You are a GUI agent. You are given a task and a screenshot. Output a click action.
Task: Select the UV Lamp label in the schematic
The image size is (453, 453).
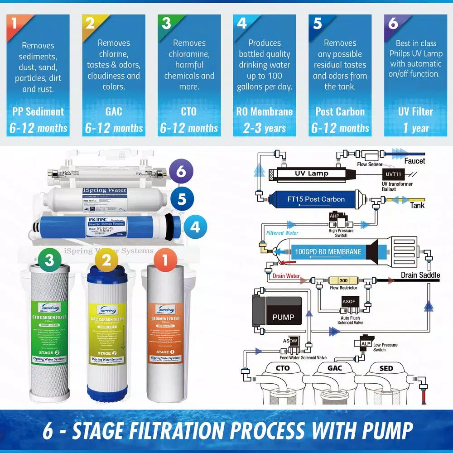(x=312, y=173)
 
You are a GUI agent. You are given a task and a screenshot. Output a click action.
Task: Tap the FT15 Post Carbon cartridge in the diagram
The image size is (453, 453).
(x=316, y=199)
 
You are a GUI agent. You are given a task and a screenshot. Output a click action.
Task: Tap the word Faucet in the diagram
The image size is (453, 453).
(x=414, y=161)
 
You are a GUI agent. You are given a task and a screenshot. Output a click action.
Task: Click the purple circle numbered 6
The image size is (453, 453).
(x=181, y=172)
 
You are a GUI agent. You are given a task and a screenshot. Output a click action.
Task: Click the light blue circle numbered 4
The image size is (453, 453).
(x=195, y=226)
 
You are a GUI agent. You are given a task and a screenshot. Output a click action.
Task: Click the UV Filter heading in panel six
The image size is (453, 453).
(x=415, y=111)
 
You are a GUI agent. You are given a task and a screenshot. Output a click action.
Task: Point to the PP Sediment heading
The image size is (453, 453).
(x=38, y=111)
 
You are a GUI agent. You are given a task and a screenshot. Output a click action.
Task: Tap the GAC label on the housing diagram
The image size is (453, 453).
(x=335, y=368)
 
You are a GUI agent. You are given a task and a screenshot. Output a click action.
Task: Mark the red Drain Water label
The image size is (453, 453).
(x=286, y=276)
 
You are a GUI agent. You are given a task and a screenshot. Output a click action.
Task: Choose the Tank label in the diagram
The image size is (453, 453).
(x=417, y=205)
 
